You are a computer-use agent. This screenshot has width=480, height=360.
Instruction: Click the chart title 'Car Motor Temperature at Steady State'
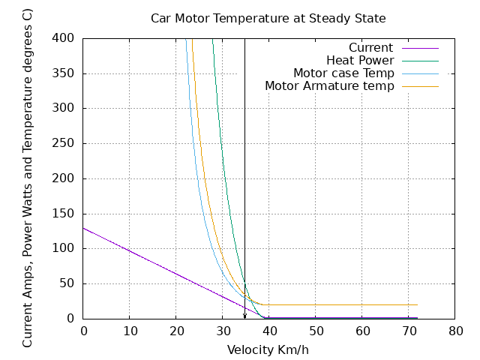tap(268, 17)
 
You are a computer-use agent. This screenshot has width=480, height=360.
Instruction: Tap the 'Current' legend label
tap(370, 48)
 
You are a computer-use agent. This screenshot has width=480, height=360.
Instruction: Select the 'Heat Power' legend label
tap(359, 61)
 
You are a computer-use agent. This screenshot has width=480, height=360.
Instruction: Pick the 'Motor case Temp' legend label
tap(343, 73)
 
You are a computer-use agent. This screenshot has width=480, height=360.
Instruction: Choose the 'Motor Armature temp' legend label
tap(329, 86)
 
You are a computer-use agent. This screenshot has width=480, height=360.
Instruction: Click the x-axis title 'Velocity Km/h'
tap(268, 349)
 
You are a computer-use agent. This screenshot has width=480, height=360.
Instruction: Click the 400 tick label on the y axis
tap(63, 38)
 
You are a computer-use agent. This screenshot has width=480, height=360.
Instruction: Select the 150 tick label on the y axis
tap(63, 214)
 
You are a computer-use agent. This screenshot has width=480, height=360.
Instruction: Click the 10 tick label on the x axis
tap(130, 331)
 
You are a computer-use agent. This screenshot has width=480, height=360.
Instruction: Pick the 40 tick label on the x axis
tap(269, 331)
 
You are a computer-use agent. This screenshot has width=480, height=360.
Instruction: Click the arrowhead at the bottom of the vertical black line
tap(244, 316)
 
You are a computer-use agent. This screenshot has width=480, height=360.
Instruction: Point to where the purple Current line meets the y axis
tap(83, 227)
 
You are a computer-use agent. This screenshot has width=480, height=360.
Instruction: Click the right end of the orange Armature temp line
tap(417, 304)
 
